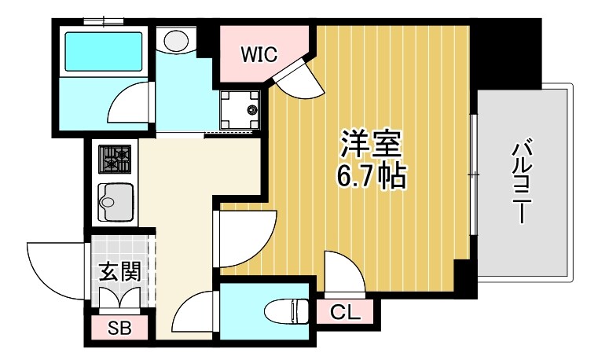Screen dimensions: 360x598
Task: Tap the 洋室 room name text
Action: coord(371,145)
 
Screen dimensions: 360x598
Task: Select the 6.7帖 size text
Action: coord(371,177)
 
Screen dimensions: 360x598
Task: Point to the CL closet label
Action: coord(345,312)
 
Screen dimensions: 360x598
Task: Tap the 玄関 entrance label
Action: coord(120,272)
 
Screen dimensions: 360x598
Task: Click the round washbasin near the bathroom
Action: coord(174,39)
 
